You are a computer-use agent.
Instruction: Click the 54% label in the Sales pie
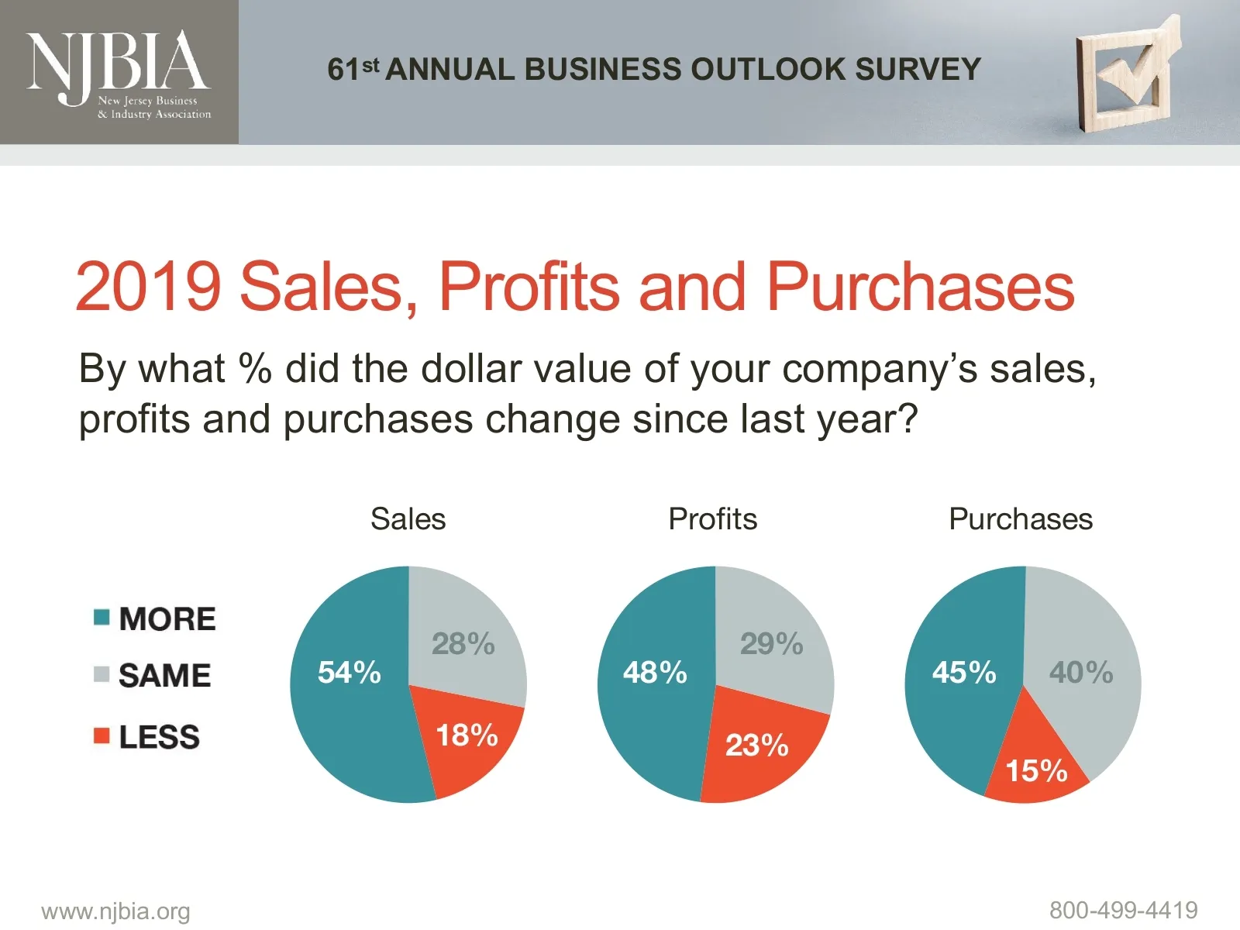[349, 673]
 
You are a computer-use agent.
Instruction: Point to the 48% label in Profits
[655, 673]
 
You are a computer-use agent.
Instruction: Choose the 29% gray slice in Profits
[771, 643]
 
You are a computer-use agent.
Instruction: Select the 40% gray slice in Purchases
[1081, 673]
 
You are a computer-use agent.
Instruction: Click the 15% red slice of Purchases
[1036, 771]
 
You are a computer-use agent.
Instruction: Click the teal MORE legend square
[102, 618]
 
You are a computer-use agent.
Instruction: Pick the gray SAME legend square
[102, 674]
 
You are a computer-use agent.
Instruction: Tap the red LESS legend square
[102, 735]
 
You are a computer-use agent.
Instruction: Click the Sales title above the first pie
[408, 519]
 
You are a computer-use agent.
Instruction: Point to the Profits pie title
[712, 519]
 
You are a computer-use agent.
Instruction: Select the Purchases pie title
[1021, 519]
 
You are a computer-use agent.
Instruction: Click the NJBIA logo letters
[118, 62]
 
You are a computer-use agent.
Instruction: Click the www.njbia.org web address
[115, 911]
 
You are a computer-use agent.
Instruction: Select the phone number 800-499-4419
[1123, 910]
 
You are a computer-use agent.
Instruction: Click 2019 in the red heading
[148, 287]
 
